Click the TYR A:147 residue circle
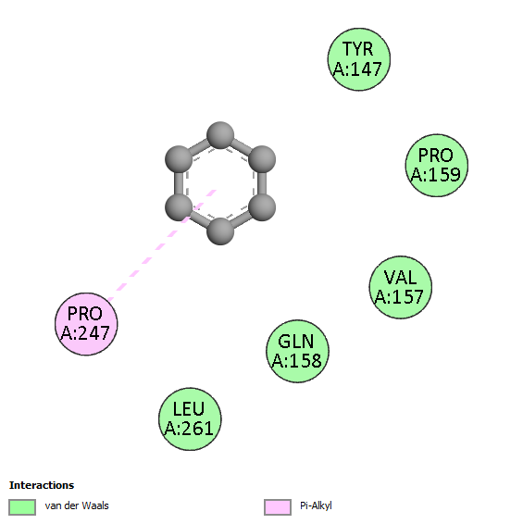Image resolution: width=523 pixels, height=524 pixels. [359, 59]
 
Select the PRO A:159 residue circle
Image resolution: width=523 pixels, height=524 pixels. [436, 166]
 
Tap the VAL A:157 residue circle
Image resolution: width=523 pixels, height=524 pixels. [401, 287]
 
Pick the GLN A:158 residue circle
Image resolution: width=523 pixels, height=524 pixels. [297, 351]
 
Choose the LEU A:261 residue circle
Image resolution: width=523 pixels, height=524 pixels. [190, 419]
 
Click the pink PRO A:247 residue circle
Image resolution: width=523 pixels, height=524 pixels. [86, 324]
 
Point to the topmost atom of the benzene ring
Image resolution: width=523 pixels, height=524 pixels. [220, 135]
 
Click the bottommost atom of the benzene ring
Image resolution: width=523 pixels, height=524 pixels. [220, 231]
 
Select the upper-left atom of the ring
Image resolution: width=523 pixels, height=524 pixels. [179, 159]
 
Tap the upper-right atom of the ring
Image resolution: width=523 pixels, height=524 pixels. [262, 159]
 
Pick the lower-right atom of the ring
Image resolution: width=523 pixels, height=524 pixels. [262, 207]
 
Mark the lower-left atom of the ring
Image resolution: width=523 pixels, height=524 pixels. [179, 207]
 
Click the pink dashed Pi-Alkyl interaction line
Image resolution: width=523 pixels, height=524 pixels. [162, 245]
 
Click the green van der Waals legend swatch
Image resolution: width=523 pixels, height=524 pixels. [22, 507]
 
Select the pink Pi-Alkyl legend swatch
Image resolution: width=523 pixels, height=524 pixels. [278, 507]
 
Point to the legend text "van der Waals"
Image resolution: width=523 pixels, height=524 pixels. [77, 505]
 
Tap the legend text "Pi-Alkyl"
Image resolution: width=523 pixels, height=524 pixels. [316, 506]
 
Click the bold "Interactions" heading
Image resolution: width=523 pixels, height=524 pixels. [42, 485]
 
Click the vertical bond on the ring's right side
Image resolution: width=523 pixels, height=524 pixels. [262, 183]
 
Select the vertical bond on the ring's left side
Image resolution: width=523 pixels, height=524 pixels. [179, 183]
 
